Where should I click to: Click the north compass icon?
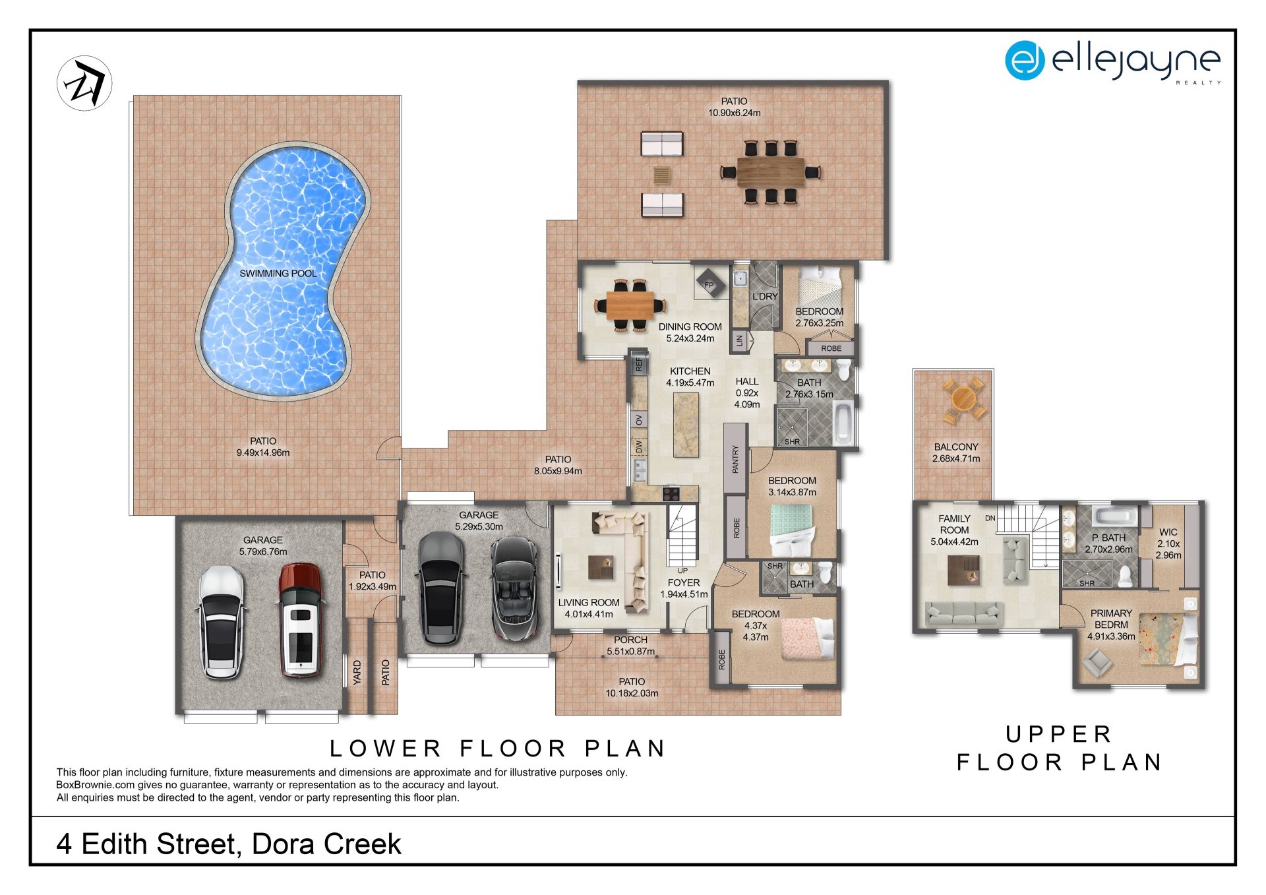pos(84,83)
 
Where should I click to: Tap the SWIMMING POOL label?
pos(278,273)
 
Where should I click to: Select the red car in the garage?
pos(300,620)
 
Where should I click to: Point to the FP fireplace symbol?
pos(710,285)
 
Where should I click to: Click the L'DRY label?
pos(765,297)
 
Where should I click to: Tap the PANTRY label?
pos(736,459)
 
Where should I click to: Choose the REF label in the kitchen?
pos(638,364)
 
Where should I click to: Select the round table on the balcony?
pos(963,398)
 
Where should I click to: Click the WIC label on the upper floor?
pos(1168,532)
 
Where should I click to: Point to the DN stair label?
pos(990,518)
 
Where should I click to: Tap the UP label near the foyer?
pos(682,571)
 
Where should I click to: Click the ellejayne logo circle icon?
pos(1024,61)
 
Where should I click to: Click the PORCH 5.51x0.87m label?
pos(630,646)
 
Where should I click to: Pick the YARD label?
pos(357,673)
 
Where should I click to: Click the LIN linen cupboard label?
pos(740,341)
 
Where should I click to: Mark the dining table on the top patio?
pos(770,171)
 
